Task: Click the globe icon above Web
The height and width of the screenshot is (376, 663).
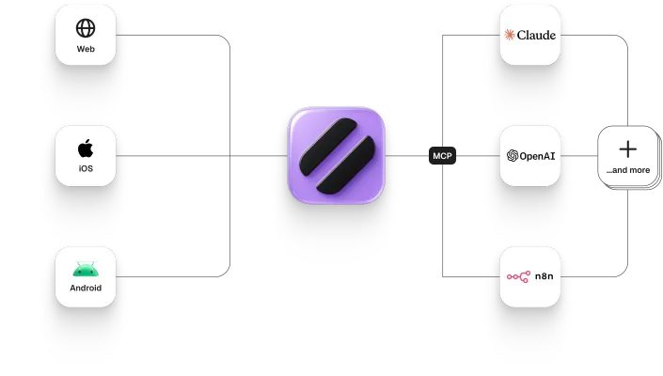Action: coord(86,28)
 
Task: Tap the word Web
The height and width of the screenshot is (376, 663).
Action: coord(86,49)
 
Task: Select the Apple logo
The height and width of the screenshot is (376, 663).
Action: coord(86,148)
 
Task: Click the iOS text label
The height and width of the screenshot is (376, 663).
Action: coord(86,168)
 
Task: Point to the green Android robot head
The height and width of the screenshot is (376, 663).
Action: coord(86,269)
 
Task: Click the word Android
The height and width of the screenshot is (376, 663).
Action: coord(86,288)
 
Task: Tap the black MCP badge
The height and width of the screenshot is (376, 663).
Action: coord(442,156)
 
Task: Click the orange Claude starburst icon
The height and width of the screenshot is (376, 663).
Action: coord(510,35)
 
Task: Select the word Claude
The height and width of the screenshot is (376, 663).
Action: coord(536,35)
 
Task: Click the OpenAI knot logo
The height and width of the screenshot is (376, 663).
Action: coord(513,156)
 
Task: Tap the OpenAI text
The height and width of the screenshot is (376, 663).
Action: coord(537,156)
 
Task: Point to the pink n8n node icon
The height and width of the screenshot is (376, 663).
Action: coord(518,276)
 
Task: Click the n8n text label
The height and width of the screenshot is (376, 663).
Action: coord(544,276)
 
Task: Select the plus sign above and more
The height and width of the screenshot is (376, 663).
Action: coord(628,149)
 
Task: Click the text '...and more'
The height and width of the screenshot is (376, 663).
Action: coord(628,170)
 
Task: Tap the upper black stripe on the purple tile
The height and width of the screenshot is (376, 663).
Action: coord(327,147)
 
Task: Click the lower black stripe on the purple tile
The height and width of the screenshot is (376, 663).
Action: coord(346,165)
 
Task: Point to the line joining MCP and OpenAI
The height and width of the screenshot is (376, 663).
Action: coord(479,156)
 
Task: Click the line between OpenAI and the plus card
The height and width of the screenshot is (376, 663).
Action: coord(579,156)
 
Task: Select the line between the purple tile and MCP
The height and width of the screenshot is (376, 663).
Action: coord(407,156)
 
